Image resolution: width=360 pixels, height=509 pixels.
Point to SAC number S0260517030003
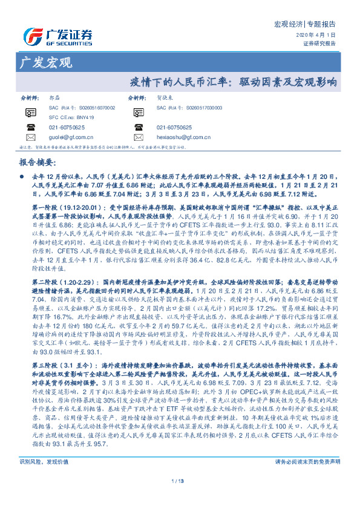point(198,107)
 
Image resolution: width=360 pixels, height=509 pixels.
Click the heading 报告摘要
point(35,163)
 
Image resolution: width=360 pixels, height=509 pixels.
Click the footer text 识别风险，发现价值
point(41,478)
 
